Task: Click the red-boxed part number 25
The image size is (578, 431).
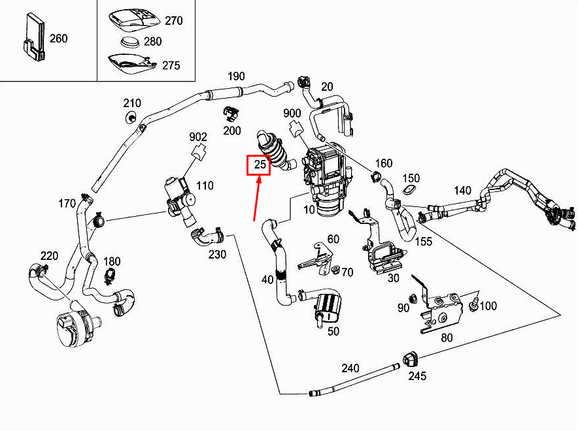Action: tap(259, 165)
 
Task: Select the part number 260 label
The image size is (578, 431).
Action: tap(59, 39)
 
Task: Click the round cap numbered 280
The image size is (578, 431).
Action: tap(131, 43)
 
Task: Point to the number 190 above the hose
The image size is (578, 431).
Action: tap(236, 76)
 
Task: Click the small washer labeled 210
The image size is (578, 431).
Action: tap(131, 117)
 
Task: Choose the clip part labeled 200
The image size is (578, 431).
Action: tap(230, 112)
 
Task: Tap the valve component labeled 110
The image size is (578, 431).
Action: tap(178, 197)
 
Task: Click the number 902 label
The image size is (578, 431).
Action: tap(198, 137)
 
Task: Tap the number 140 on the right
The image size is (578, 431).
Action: tap(462, 191)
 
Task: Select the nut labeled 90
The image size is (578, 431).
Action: tap(413, 300)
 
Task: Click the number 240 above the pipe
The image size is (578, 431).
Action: tap(350, 368)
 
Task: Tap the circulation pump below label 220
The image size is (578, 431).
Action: tap(74, 323)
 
